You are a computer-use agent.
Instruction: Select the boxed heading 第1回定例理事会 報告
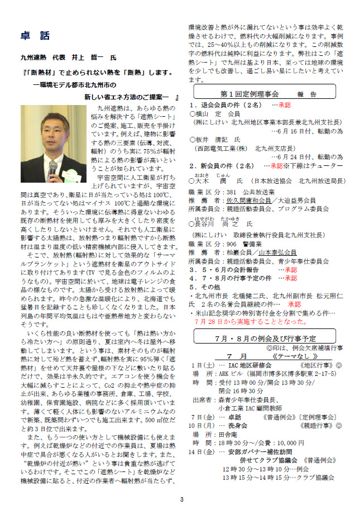coord(265,93)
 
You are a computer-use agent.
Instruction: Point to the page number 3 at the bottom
coord(181,499)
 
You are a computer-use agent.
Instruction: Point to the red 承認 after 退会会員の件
coord(284,104)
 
